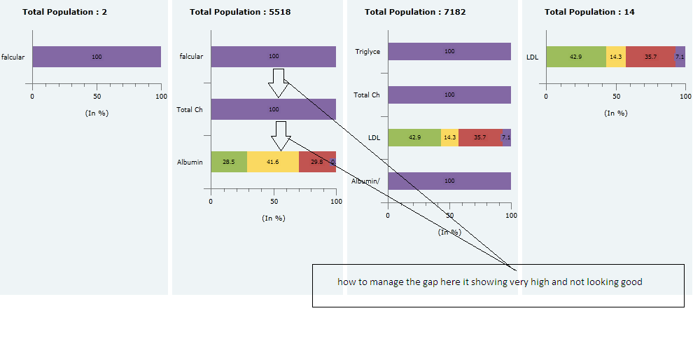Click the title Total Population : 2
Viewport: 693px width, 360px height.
(64, 12)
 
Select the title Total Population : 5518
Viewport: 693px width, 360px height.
(240, 12)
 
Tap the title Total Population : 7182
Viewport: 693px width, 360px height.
(415, 12)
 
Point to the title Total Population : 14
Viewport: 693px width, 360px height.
(589, 12)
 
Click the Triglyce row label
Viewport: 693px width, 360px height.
(367, 51)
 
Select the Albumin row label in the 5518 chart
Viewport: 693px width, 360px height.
(190, 162)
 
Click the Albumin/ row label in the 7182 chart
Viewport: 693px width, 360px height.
(365, 181)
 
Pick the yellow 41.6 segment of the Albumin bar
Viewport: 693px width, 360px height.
(273, 162)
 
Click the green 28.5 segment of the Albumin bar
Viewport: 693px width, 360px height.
(229, 162)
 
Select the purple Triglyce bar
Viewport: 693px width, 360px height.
(449, 51)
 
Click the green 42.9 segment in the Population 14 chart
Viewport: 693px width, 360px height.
(575, 57)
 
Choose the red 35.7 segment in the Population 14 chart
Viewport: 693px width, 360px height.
(650, 57)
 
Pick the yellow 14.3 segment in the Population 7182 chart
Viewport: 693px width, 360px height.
(450, 138)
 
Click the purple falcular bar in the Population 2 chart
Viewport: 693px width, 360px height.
(97, 57)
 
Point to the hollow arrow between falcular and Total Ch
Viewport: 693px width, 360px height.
(279, 83)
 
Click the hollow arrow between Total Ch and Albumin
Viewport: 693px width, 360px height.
(282, 136)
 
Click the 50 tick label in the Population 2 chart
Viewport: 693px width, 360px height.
(97, 96)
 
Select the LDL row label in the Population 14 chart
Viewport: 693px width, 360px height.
(532, 57)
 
